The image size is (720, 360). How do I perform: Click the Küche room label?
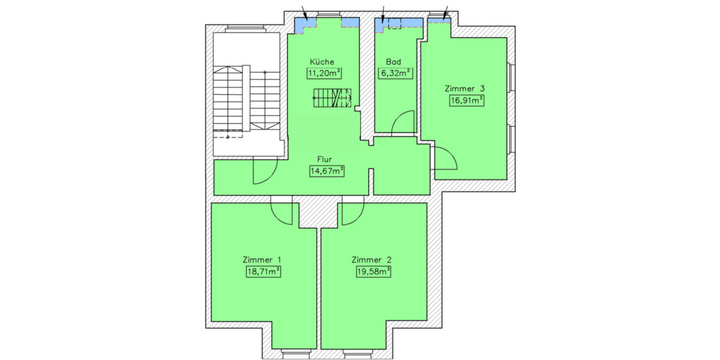(322, 62)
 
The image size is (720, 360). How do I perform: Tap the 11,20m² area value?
(324, 74)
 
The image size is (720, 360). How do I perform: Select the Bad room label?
(394, 62)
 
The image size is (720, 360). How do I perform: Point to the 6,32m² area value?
(395, 74)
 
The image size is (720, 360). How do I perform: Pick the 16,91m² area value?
(466, 100)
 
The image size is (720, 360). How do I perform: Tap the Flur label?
(325, 160)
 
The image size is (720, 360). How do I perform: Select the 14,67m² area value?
(326, 172)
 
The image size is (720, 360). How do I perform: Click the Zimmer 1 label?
(262, 260)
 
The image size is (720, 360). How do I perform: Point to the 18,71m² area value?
(262, 272)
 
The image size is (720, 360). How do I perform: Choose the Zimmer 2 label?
(372, 260)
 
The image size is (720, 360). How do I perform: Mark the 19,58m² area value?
(373, 272)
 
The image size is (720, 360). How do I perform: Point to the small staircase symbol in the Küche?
(331, 97)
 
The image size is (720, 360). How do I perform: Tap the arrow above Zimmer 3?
(446, 11)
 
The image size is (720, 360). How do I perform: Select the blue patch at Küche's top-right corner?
(350, 22)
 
